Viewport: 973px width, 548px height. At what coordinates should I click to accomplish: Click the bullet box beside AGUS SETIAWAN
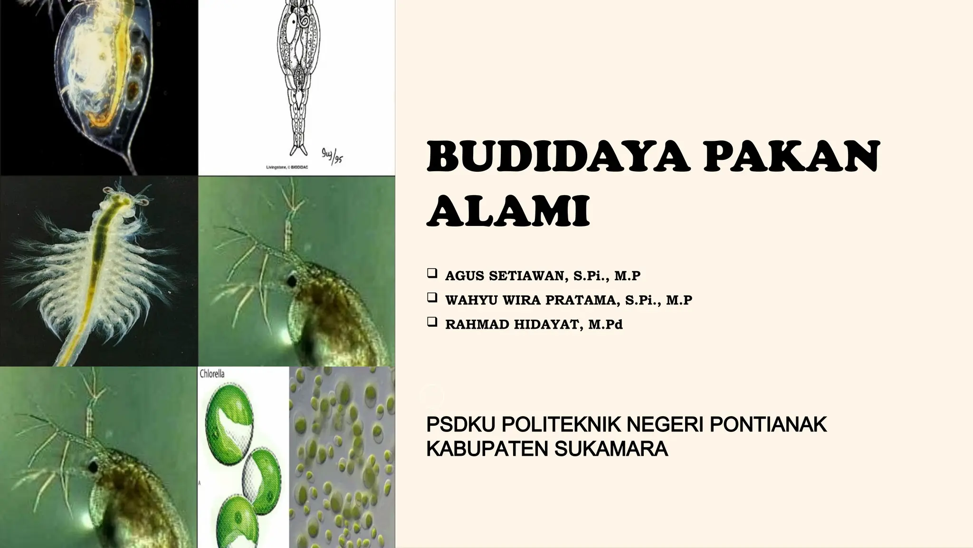tap(432, 274)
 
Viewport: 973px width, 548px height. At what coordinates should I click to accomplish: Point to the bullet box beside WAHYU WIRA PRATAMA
tap(432, 298)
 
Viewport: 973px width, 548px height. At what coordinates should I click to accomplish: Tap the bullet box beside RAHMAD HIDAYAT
tap(432, 323)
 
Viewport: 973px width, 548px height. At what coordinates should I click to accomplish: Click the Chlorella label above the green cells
tap(212, 374)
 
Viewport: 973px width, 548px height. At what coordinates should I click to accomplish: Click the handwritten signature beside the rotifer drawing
tap(332, 155)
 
